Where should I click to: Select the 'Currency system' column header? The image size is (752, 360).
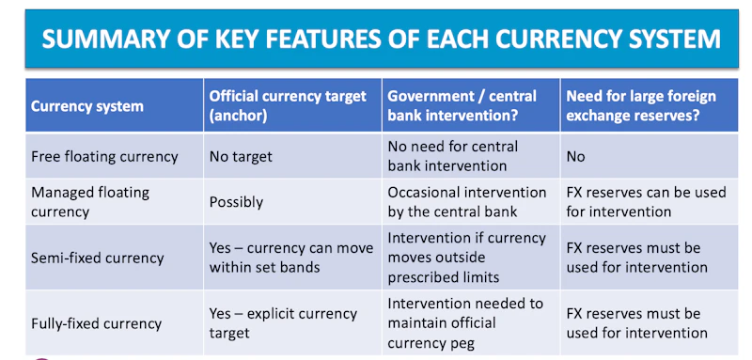[86, 105]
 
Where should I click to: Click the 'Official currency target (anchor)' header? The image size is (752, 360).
[282, 105]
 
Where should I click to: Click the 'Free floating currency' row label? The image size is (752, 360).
[104, 156]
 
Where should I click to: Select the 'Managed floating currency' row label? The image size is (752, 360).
[89, 201]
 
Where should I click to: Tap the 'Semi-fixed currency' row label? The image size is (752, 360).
[96, 257]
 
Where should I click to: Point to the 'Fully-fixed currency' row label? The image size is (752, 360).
[96, 323]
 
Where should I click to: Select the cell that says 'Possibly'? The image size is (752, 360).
[236, 201]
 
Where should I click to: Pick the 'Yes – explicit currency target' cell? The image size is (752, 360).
[282, 323]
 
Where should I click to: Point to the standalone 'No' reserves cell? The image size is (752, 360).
[575, 156]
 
